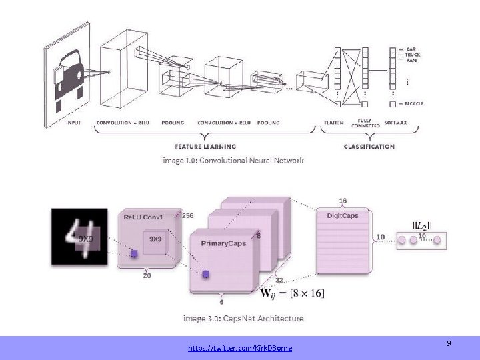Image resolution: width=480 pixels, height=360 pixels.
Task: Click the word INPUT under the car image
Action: coord(73,123)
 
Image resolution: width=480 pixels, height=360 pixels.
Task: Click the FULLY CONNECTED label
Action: coord(364,122)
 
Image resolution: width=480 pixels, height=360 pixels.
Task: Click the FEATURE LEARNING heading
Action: coord(205,147)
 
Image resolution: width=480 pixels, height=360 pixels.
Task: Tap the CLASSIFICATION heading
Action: coord(369,147)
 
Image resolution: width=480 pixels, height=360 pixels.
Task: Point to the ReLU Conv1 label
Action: coord(144,217)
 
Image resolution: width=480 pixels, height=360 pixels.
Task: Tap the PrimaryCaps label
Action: coord(223,243)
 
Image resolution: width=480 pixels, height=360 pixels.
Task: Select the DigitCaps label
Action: coord(343,216)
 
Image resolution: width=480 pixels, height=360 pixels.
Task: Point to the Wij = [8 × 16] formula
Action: coord(292,293)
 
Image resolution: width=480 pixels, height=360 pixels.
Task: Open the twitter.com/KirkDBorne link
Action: coord(240,348)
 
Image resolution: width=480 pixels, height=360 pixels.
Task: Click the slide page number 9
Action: coord(449,343)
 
